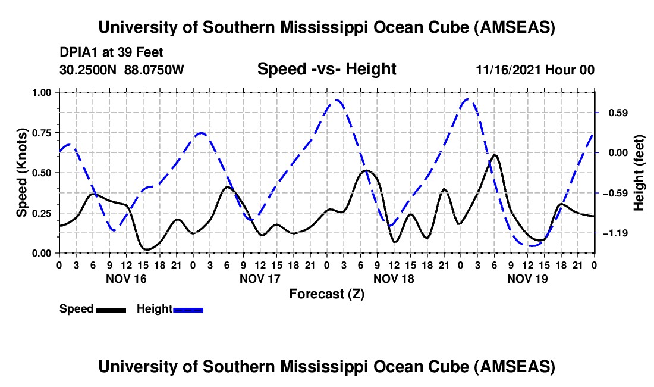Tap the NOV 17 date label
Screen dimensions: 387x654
260,278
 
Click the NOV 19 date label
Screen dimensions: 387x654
527,278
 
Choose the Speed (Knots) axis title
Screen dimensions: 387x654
21,173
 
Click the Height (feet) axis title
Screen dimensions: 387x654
639,173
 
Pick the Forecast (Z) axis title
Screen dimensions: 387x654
326,294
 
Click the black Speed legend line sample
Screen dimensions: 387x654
111,309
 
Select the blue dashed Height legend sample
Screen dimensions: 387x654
188,309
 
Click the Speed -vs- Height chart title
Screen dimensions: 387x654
326,70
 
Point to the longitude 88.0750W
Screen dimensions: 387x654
155,70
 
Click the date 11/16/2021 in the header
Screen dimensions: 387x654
508,70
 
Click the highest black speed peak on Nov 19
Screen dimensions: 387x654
494,155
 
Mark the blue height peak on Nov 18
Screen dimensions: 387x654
337,100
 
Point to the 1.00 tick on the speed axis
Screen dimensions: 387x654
43,92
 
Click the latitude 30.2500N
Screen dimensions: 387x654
89,70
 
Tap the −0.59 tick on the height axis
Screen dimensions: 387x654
612,193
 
